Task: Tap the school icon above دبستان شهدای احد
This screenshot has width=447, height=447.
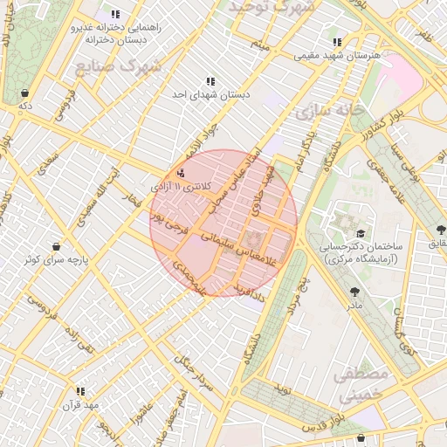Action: click(210, 81)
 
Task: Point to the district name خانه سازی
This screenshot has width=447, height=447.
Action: click(325, 113)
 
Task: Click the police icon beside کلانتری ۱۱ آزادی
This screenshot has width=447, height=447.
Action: click(181, 173)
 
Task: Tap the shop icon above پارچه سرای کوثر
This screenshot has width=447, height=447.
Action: click(57, 246)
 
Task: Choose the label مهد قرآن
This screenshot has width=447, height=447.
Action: click(82, 405)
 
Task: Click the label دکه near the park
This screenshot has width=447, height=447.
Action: click(25, 105)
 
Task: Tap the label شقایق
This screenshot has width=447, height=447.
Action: click(434, 244)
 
